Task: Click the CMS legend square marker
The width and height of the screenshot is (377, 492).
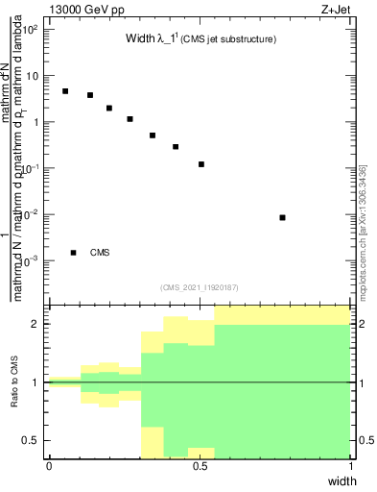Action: coord(73,253)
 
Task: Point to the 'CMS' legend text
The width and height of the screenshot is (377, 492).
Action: coord(100,253)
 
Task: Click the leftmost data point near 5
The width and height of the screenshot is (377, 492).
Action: coord(65,91)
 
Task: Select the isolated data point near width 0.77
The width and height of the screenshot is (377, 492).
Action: coord(282,218)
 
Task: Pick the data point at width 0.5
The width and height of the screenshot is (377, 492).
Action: coord(201,164)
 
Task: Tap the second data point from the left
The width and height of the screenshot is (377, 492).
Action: coord(90,95)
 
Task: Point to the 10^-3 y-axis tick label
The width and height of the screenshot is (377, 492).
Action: coord(32,261)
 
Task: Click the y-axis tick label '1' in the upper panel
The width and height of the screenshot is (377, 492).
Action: coord(37,122)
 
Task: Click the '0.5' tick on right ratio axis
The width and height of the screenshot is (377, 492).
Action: coord(364,440)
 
